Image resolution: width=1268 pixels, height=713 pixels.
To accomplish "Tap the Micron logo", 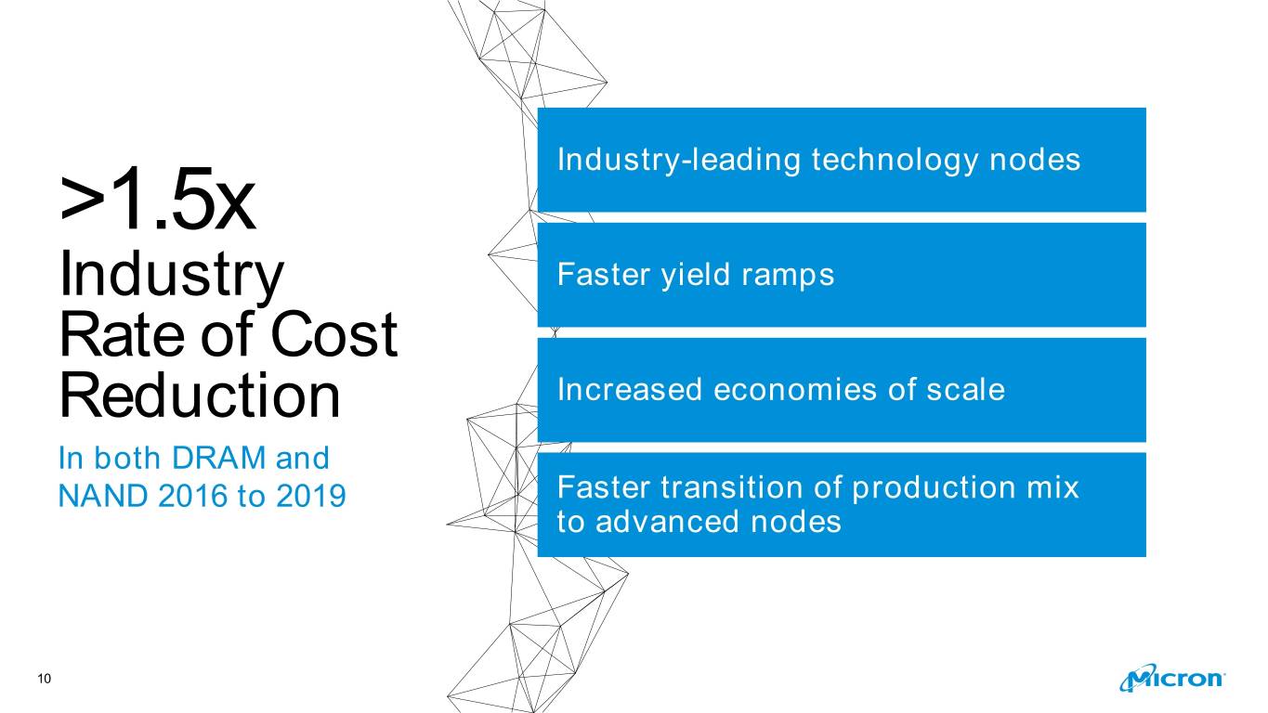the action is [x=1171, y=678].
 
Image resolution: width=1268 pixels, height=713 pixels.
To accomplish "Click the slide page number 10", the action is [x=45, y=679].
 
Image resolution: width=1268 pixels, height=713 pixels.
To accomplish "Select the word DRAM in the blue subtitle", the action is [x=219, y=458].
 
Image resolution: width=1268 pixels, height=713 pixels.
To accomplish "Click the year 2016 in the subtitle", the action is [x=193, y=497].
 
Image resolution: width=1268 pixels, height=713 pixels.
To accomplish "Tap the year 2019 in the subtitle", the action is [x=311, y=497].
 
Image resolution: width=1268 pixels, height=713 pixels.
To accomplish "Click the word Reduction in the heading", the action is [x=200, y=395].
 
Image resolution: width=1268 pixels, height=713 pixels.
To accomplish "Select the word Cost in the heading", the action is [x=334, y=335].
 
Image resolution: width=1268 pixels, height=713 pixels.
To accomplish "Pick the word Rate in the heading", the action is [x=122, y=335].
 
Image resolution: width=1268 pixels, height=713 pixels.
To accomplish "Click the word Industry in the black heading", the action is [x=171, y=276].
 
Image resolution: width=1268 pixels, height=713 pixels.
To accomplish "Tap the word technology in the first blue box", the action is [x=895, y=160].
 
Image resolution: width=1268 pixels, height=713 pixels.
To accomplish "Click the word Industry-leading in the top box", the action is [x=679, y=160].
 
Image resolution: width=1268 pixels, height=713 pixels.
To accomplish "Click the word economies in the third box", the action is [x=795, y=389].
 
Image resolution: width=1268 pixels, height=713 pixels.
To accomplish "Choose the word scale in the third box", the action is [x=965, y=389].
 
